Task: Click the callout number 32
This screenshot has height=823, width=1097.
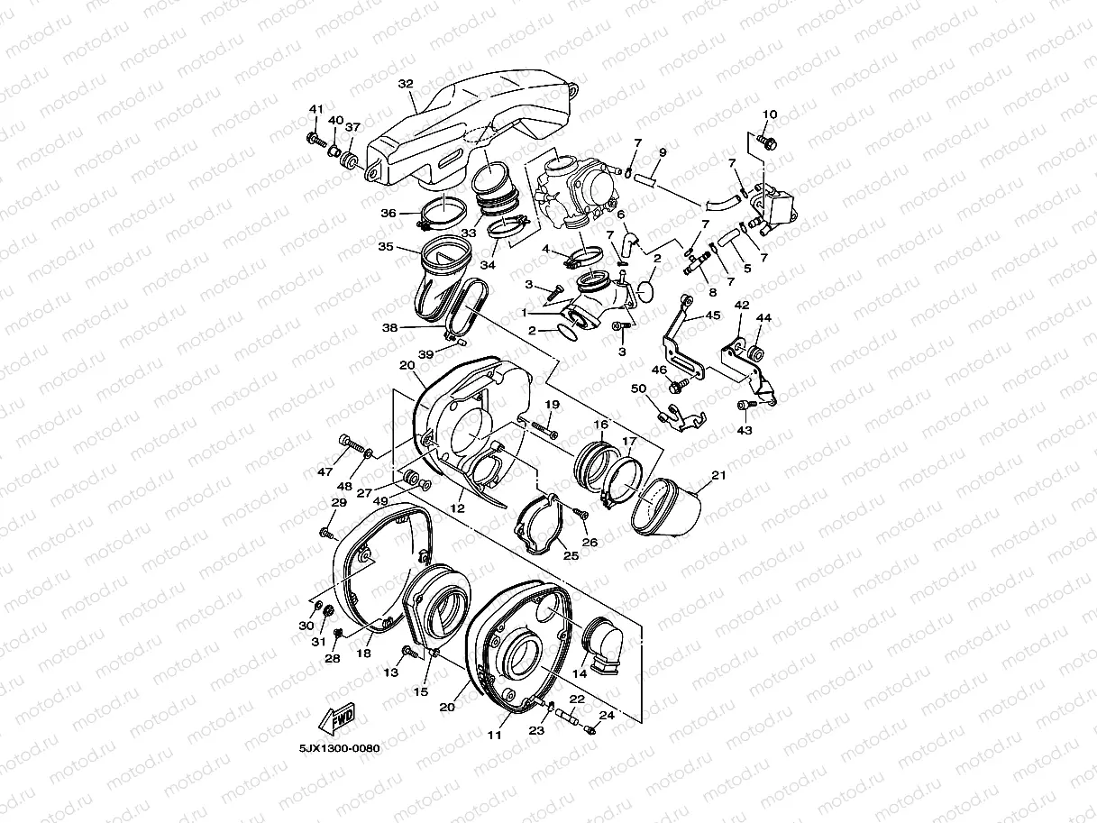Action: [406, 84]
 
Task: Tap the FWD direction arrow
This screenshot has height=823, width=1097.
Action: [338, 720]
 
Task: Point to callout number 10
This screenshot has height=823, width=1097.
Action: [769, 114]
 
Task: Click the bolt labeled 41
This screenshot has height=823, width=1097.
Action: [315, 139]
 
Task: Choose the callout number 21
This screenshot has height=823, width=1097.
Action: [718, 475]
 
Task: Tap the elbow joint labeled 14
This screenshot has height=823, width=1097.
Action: [599, 639]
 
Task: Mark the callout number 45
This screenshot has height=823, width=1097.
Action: [712, 315]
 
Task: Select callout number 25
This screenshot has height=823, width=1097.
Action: [571, 556]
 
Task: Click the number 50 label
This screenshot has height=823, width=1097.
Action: [639, 389]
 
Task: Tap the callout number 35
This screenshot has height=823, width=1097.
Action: [385, 246]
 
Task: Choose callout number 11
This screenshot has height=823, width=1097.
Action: [494, 735]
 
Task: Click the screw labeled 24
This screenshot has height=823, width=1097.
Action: [591, 728]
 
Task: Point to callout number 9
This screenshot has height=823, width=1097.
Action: [662, 151]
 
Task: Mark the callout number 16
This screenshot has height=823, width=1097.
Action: [599, 424]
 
